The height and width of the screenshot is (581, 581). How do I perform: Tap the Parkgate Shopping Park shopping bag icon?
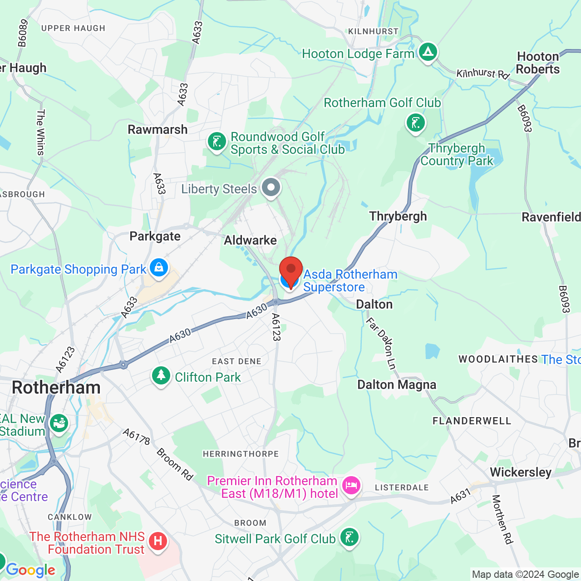tap(158, 267)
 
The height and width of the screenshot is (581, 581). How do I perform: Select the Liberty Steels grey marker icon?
tap(271, 187)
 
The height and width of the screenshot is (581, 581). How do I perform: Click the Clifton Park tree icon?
tap(161, 376)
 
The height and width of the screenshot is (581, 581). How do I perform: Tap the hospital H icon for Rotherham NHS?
tap(158, 541)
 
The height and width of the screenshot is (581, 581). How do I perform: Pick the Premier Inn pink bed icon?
tap(351, 486)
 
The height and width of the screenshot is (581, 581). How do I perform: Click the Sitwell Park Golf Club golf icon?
tap(349, 537)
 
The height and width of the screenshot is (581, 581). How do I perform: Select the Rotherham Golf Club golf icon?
tap(415, 123)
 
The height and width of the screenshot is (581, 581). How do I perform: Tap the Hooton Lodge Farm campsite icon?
tap(427, 52)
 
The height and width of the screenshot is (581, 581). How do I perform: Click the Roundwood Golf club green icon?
tap(217, 142)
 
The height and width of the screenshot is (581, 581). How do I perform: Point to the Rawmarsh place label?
tap(158, 130)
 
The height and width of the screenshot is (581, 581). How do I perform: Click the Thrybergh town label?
tap(398, 217)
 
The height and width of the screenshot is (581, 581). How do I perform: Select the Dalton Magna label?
tap(397, 385)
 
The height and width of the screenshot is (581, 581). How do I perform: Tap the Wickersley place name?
tap(521, 473)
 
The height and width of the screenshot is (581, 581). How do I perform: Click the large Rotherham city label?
tap(56, 388)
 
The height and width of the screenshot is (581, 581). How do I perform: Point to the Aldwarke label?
tap(250, 241)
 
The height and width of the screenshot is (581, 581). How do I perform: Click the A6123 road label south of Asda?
tap(276, 327)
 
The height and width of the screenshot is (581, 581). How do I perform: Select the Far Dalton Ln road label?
tap(381, 344)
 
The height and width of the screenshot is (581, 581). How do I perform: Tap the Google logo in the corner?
tap(30, 570)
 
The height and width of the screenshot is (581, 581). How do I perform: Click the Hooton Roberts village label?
tap(538, 63)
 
